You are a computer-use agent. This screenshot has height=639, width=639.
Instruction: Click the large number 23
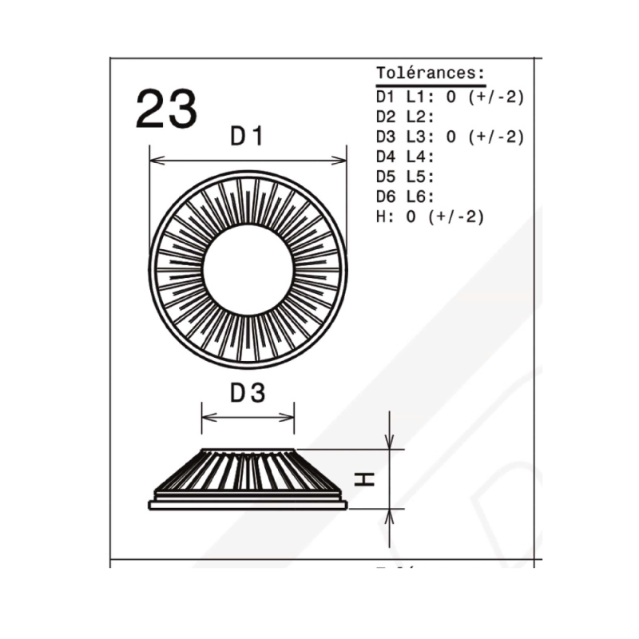166,109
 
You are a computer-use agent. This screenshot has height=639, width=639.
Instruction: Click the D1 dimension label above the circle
247,136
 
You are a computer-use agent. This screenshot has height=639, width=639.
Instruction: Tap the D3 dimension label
248,393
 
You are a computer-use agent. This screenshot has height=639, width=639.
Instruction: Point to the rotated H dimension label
364,479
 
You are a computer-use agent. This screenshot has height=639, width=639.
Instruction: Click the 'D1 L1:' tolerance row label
405,97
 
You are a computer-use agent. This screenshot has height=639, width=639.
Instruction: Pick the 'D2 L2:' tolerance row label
405,117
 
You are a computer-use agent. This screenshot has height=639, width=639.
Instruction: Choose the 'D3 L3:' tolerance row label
405,137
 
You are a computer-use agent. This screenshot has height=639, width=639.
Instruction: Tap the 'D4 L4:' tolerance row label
405,157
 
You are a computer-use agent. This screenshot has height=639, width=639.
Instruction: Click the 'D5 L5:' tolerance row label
405,177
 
